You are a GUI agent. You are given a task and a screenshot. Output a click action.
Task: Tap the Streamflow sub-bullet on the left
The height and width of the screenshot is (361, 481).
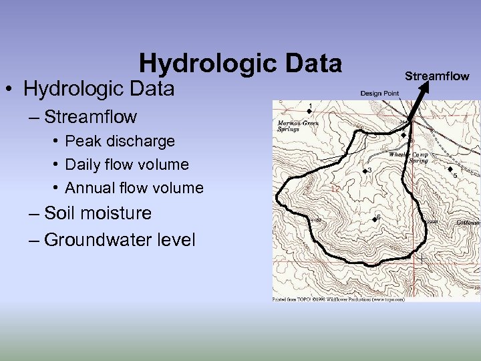[91, 117]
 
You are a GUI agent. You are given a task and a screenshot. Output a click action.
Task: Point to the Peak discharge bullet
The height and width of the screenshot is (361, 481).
[120, 141]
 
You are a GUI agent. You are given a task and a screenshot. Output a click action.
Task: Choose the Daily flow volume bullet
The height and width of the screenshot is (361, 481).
[127, 164]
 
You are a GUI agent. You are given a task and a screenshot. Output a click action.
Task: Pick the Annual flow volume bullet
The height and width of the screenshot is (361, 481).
[134, 188]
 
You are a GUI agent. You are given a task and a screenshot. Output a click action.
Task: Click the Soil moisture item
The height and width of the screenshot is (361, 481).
[98, 213]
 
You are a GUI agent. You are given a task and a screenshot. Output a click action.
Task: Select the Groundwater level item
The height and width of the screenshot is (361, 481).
[120, 239]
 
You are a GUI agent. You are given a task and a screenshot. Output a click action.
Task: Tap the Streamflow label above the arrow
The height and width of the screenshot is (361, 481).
[437, 76]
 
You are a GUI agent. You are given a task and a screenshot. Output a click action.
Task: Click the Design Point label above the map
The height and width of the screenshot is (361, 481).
[380, 94]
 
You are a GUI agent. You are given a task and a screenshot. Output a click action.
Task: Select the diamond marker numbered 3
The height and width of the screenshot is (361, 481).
[364, 172]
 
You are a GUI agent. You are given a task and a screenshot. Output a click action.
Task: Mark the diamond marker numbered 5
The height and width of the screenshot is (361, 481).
[450, 169]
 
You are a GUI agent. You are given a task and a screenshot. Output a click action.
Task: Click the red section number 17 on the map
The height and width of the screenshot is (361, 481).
[335, 189]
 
